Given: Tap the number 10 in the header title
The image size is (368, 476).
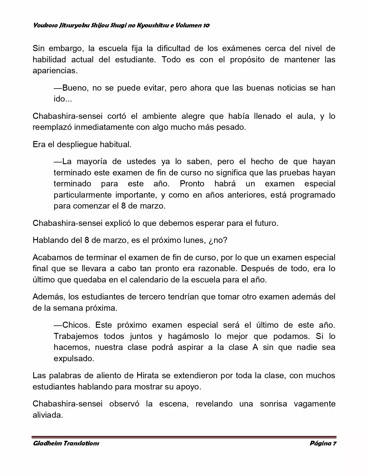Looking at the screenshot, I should pyautogui.click(x=206, y=25).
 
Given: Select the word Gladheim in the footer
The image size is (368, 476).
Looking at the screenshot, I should pyautogui.click(x=46, y=443).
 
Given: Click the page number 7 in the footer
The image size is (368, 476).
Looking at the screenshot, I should pyautogui.click(x=335, y=443).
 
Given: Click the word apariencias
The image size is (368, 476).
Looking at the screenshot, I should pyautogui.click(x=55, y=71).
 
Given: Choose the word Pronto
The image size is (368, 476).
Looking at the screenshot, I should pyautogui.click(x=192, y=184).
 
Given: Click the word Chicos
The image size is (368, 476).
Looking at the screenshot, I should pyautogui.click(x=76, y=325).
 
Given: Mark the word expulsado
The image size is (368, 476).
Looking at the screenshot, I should pyautogui.click(x=74, y=359).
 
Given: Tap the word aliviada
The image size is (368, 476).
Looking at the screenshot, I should pyautogui.click(x=48, y=415).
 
